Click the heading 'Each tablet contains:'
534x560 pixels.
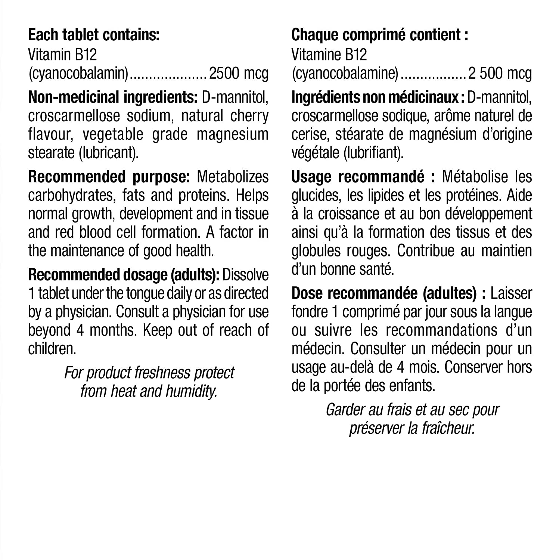click(94, 35)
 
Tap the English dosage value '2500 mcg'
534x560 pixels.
click(239, 74)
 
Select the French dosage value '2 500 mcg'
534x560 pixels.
click(500, 74)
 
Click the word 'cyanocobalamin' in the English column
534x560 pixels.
click(78, 74)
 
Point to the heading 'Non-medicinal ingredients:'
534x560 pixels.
click(113, 97)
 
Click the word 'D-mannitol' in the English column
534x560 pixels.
click(235, 97)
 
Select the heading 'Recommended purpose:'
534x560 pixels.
click(109, 177)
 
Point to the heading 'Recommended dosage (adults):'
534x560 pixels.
click(124, 275)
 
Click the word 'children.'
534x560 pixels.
click(52, 349)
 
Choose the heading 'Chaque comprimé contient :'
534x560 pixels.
click(379, 35)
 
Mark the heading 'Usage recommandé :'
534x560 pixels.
click(363, 177)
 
